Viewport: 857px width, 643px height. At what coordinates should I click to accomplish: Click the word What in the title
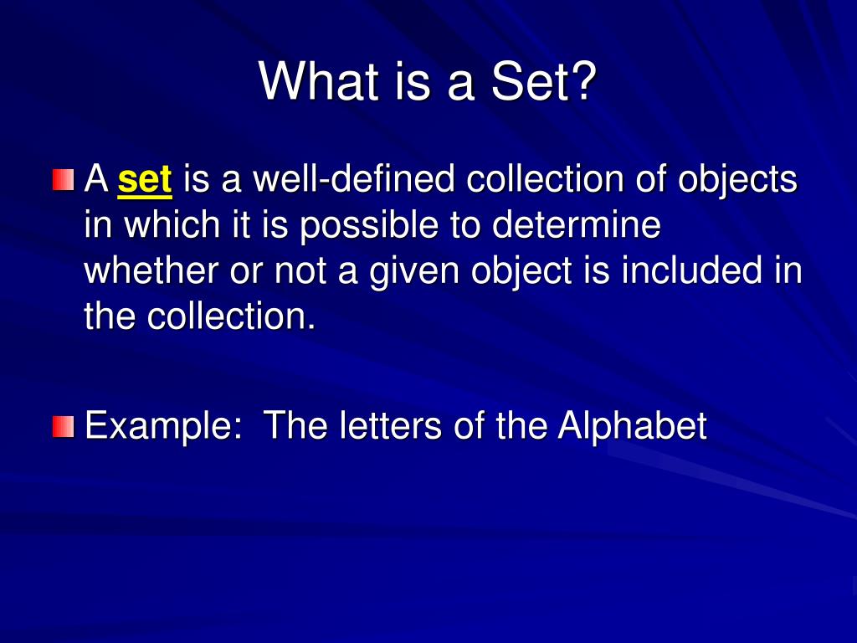(319, 81)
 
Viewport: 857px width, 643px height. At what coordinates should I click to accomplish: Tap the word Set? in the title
(544, 81)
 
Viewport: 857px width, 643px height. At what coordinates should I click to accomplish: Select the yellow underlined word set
(145, 179)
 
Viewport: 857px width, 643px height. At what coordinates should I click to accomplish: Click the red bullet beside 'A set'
(63, 180)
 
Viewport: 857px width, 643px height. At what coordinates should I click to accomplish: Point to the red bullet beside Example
(63, 426)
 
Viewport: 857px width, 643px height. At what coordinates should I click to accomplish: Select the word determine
(576, 224)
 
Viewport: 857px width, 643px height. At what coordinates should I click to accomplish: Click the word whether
(151, 270)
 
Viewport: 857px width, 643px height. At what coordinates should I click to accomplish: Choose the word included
(692, 270)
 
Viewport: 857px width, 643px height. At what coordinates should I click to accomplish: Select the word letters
(390, 425)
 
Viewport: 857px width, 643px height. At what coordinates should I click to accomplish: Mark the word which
(172, 224)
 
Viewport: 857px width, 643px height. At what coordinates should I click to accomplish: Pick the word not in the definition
(300, 271)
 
